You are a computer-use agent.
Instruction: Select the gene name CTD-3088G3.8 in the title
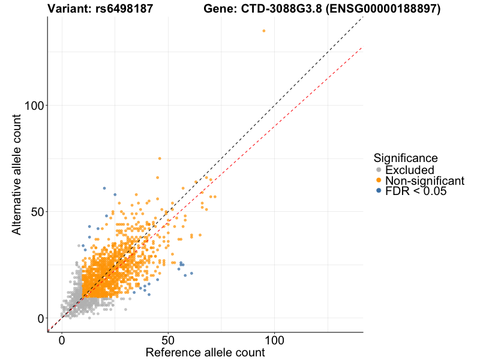click(x=283, y=9)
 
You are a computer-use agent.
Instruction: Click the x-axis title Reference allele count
click(x=205, y=353)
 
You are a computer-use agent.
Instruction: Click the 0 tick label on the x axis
click(x=61, y=340)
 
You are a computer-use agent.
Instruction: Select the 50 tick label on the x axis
click(x=168, y=340)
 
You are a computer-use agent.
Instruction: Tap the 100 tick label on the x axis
click(x=275, y=340)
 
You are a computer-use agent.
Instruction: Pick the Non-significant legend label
click(x=425, y=181)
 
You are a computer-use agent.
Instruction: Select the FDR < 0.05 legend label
click(x=416, y=191)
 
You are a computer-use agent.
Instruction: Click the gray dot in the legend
click(x=378, y=170)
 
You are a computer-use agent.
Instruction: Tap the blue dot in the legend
click(x=378, y=191)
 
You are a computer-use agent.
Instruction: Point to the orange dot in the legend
click(x=378, y=181)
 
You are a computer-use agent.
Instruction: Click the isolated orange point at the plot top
click(x=263, y=31)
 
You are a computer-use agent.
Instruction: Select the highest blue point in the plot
click(x=104, y=188)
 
